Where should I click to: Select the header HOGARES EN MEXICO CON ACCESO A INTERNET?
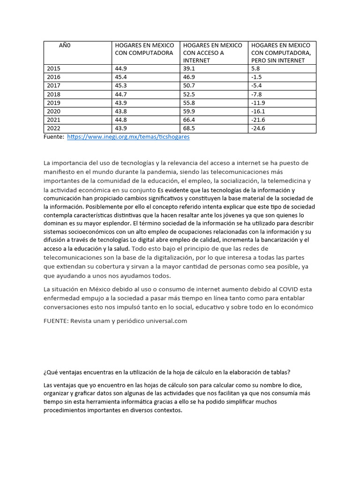click(x=212, y=52)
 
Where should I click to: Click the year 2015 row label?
click(x=54, y=68)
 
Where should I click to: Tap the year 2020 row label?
click(x=54, y=111)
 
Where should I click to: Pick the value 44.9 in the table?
click(x=121, y=68)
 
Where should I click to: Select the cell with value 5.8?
click(x=255, y=68)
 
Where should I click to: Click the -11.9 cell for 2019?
click(x=258, y=103)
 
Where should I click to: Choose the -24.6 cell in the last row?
click(x=258, y=128)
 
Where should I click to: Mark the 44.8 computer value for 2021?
click(x=121, y=120)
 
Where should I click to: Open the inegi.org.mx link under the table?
click(x=128, y=137)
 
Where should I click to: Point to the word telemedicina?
click(x=285, y=181)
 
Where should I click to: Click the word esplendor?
click(x=116, y=223)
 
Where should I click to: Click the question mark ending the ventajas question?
click(x=289, y=373)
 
